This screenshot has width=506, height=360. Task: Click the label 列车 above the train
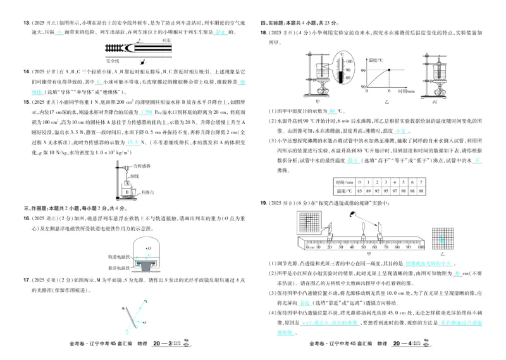(x=167, y=39)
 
